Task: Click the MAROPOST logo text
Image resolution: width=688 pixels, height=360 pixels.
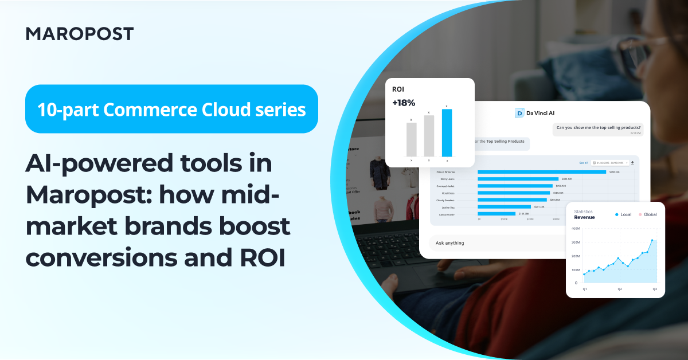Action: pyautogui.click(x=80, y=34)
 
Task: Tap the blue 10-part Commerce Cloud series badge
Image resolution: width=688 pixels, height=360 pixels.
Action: pyautogui.click(x=171, y=109)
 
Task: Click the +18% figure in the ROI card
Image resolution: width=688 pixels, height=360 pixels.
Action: pyautogui.click(x=403, y=103)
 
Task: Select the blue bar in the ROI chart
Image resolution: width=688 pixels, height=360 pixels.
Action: pyautogui.click(x=447, y=132)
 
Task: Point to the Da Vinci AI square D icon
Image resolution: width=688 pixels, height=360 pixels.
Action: pyautogui.click(x=519, y=113)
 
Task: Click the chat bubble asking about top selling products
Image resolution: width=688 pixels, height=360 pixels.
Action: pyautogui.click(x=599, y=127)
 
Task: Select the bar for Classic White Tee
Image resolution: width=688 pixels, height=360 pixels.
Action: pyautogui.click(x=541, y=171)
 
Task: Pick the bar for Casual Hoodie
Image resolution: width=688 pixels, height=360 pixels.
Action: pyautogui.click(x=497, y=213)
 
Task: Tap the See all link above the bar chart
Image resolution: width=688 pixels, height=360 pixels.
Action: pyautogui.click(x=583, y=163)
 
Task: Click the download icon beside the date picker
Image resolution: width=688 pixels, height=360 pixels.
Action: pyautogui.click(x=632, y=163)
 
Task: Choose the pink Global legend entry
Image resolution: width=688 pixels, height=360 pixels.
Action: pyautogui.click(x=647, y=214)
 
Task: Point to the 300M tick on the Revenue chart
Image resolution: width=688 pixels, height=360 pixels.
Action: pyautogui.click(x=576, y=242)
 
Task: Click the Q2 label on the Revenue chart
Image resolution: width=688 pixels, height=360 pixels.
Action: pyautogui.click(x=620, y=289)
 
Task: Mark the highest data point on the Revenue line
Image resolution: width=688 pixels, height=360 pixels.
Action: pyautogui.click(x=652, y=240)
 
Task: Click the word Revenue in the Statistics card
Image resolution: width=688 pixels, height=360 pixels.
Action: pyautogui.click(x=584, y=217)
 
